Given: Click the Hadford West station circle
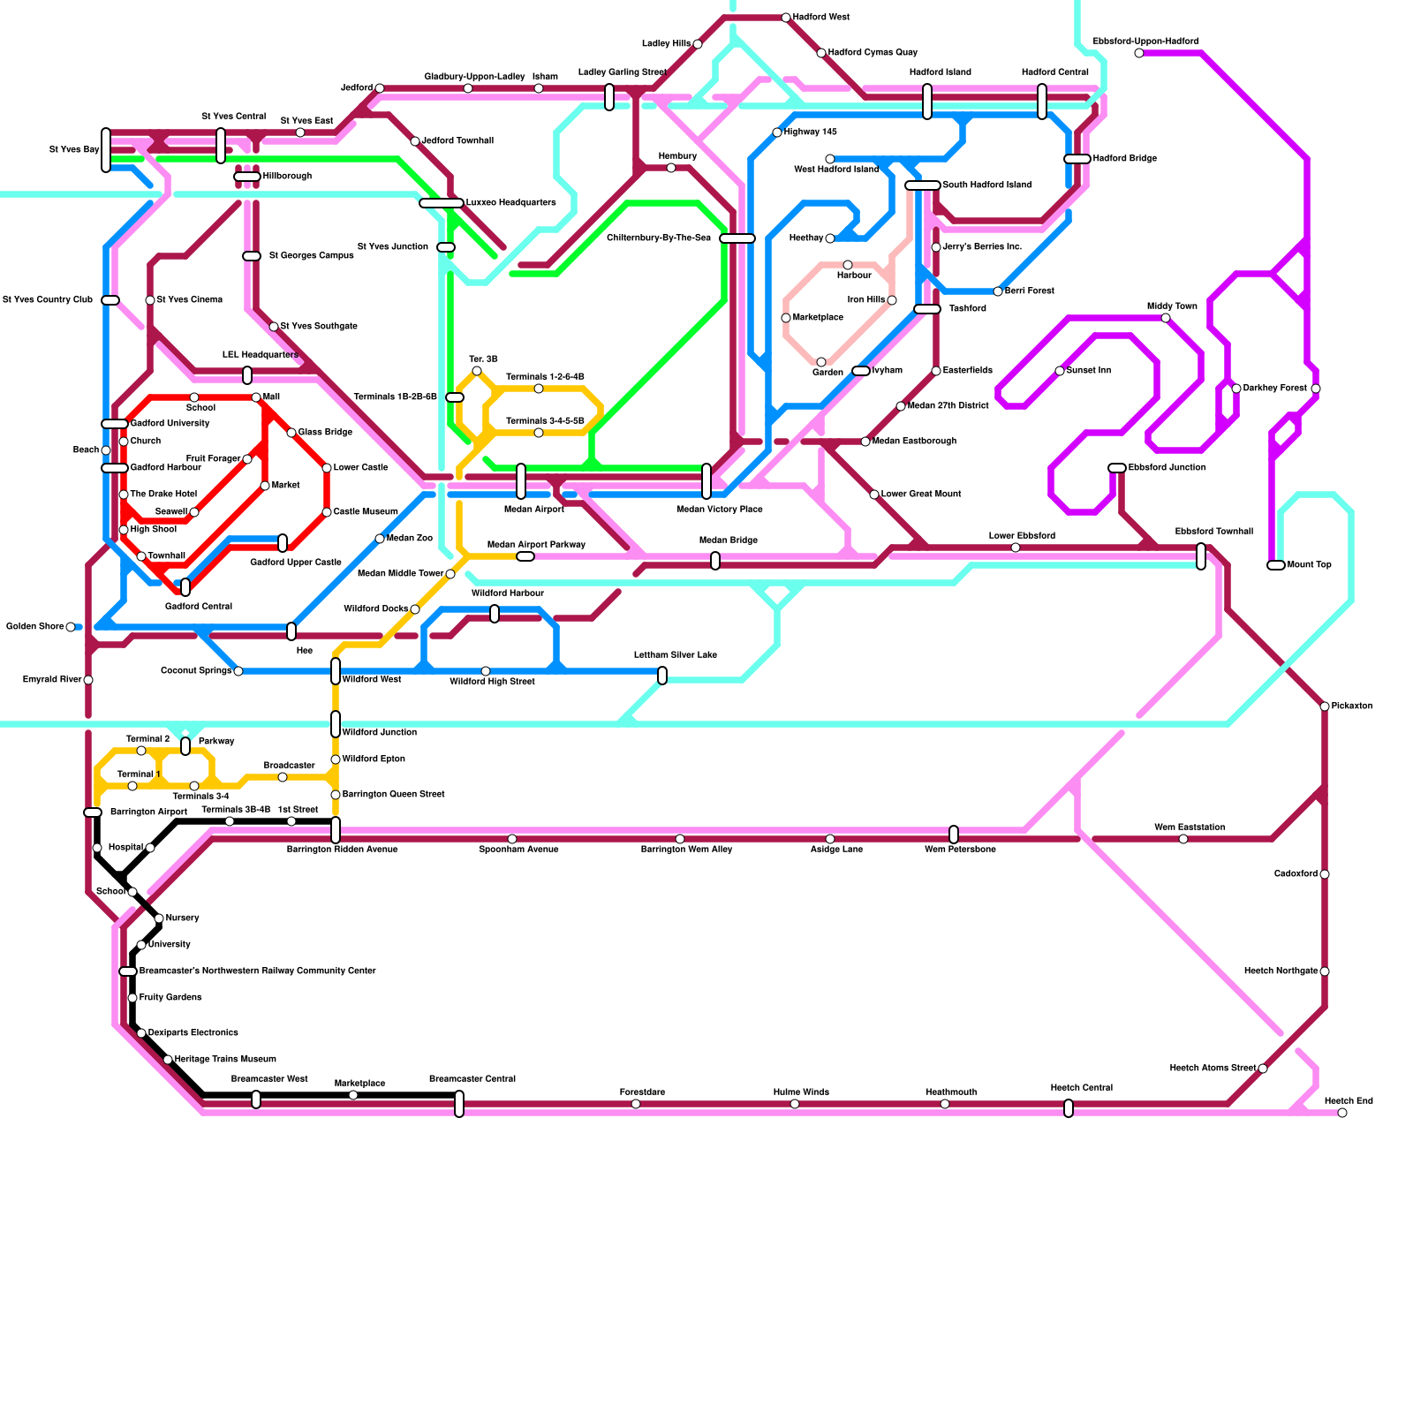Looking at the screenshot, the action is point(786,18).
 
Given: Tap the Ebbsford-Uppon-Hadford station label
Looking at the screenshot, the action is point(1145,42).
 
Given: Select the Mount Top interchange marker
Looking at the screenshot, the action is point(1275,565).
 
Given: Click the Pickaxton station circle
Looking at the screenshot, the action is point(1325,706).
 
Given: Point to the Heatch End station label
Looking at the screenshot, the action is point(1349,1101).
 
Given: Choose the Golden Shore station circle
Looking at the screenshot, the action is point(71,627).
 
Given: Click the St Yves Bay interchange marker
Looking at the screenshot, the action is point(106,150).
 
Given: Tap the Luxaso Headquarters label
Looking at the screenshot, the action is point(510,203).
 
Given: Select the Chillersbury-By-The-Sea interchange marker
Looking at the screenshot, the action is point(737,238).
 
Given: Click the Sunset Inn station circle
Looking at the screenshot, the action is point(1060,371).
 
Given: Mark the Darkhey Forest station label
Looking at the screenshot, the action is point(1274,389).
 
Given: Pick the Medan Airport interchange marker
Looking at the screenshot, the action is point(521,481).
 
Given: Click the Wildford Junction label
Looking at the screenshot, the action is point(379,733).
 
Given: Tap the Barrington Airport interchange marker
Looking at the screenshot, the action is point(93,812).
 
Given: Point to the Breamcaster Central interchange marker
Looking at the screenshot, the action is point(459,1104).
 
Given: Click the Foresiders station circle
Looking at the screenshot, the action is point(636,1104).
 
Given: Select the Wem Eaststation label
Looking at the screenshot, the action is point(1189,827).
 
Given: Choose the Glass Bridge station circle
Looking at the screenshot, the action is point(291,433).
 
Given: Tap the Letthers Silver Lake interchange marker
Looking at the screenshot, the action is point(662,676).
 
